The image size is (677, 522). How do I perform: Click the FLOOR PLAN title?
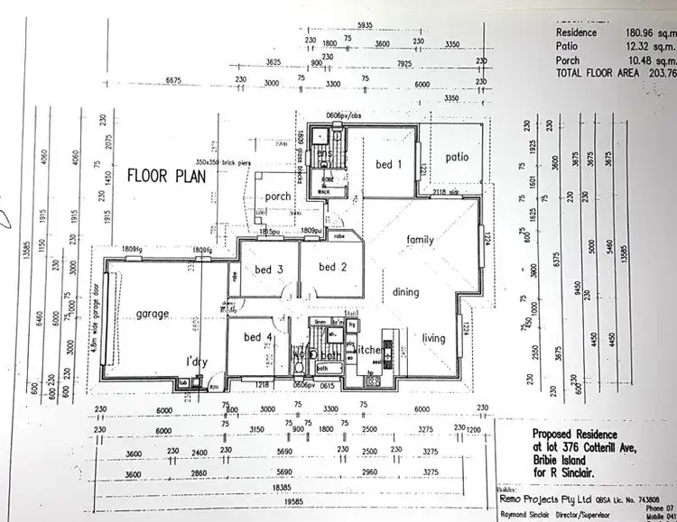tap(166, 175)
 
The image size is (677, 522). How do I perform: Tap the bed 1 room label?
tap(385, 164)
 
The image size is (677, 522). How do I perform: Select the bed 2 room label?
tap(332, 267)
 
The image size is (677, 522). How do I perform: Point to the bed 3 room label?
tap(269, 270)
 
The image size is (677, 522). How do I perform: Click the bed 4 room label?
tap(258, 337)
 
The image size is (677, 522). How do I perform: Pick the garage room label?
tap(153, 315)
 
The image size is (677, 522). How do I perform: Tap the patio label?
tap(458, 157)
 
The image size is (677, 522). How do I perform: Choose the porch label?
tap(270, 197)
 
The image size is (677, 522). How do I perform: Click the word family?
tap(421, 240)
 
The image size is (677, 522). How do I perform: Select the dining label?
tap(405, 292)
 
